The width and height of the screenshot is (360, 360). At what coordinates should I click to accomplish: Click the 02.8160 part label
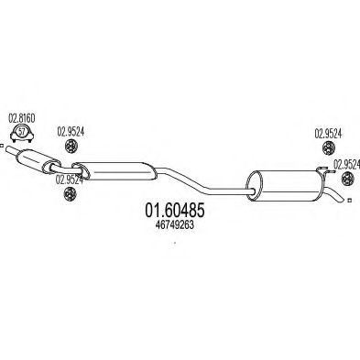pos(22,118)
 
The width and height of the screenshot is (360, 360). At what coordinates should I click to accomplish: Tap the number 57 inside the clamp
pos(22,132)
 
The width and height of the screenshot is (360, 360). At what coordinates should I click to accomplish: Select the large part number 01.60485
pos(175,211)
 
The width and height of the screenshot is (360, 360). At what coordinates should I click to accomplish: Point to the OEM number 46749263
pos(175,225)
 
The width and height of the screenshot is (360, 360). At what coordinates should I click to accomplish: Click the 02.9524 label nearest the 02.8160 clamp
pos(71,132)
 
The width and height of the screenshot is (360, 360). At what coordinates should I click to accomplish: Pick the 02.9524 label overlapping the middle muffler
pos(70,180)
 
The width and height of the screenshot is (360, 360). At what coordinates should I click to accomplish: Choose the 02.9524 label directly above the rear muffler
pos(328,134)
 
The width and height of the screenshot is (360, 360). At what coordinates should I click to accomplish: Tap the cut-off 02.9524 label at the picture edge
pos(346,164)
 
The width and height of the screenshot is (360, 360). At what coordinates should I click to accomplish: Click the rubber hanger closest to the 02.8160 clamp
pos(71,146)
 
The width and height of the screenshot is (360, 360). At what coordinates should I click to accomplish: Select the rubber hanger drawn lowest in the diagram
pos(70,194)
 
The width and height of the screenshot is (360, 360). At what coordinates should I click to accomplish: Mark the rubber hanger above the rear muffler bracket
pos(329,148)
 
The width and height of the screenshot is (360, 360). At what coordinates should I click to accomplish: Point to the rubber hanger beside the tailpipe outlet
pos(347,179)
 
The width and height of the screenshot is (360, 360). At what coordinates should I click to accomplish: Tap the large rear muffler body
pos(286,186)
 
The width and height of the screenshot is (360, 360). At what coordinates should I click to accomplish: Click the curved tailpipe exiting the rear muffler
pos(335,194)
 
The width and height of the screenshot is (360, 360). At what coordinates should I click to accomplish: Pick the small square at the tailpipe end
pos(350,201)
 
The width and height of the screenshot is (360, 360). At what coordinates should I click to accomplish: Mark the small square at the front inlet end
pos(1,146)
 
